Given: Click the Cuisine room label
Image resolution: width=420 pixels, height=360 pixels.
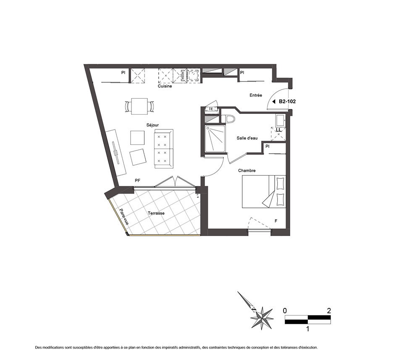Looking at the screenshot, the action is pyautogui.click(x=165, y=86).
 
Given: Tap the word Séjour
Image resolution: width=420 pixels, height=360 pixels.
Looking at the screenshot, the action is pyautogui.click(x=152, y=125).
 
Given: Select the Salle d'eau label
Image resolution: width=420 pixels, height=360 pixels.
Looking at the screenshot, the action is pyautogui.click(x=247, y=138).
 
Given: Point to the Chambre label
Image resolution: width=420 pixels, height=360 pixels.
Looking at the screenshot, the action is pyautogui.click(x=247, y=171).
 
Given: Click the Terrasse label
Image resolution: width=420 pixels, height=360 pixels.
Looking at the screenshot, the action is pyautogui.click(x=156, y=213).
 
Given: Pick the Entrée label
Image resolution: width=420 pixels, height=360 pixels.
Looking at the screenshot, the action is pyautogui.click(x=256, y=95).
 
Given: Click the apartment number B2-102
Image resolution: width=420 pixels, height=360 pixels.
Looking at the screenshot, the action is pyautogui.click(x=287, y=102).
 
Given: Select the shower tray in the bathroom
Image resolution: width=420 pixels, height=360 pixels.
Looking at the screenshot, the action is pyautogui.click(x=215, y=139).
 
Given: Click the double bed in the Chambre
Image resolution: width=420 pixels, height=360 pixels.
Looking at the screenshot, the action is pyautogui.click(x=264, y=191).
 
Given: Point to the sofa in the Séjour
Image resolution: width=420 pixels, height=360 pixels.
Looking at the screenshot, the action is pyautogui.click(x=164, y=149).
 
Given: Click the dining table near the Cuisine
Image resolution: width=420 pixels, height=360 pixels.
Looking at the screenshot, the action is pyautogui.click(x=139, y=106).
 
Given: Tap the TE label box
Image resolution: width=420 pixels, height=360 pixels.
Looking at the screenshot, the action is pyautogui.click(x=211, y=109).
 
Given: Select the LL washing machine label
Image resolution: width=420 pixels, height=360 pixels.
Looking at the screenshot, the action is pyautogui.click(x=278, y=130).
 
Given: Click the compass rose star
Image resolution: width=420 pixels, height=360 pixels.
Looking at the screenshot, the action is pyautogui.click(x=262, y=318).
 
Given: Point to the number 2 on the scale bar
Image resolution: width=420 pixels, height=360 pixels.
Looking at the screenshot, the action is pyautogui.click(x=329, y=311).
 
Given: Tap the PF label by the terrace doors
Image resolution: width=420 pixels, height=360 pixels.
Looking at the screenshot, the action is pyautogui.click(x=137, y=181).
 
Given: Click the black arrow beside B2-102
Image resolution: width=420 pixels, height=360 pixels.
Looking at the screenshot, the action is pyautogui.click(x=274, y=102).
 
